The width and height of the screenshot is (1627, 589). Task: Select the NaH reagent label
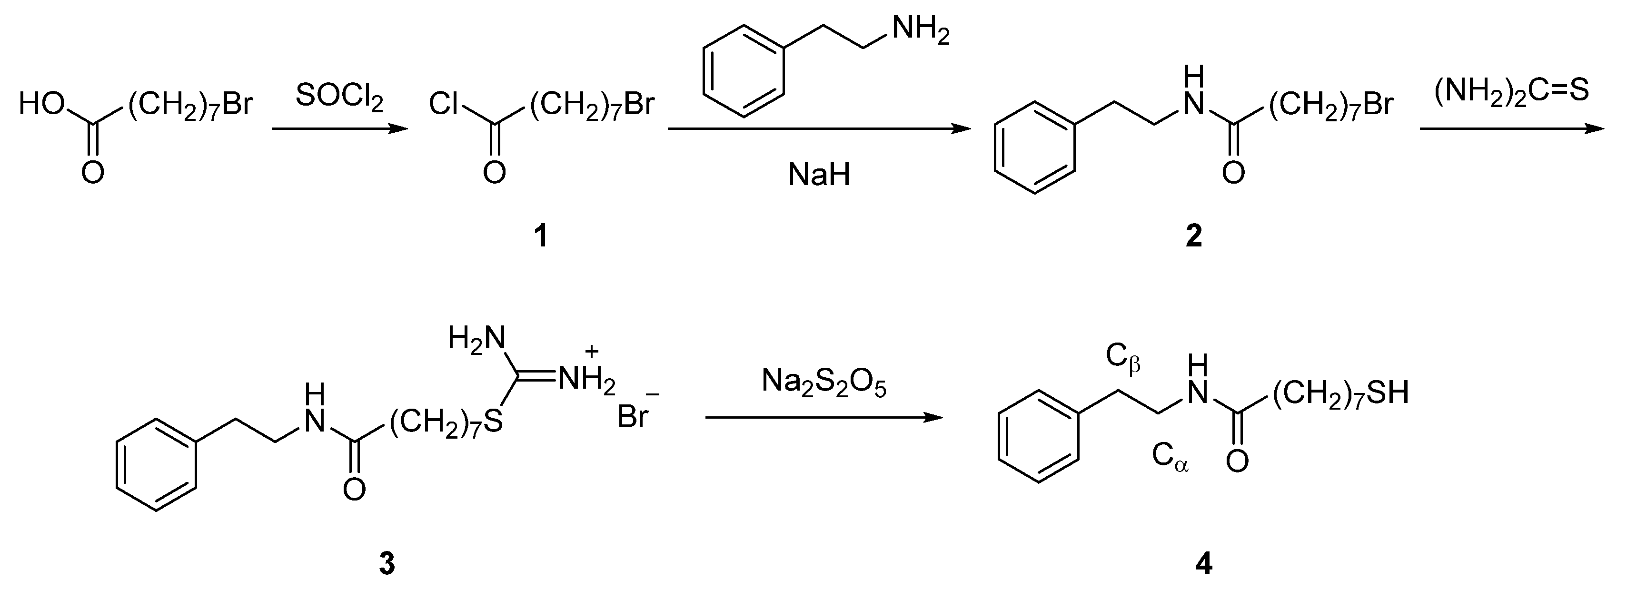pyautogui.click(x=819, y=174)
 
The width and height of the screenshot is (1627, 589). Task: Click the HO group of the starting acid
pyautogui.click(x=41, y=104)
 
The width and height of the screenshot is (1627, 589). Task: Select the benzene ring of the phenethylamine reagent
pyautogui.click(x=744, y=71)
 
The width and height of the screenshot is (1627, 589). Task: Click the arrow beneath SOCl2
pyautogui.click(x=339, y=129)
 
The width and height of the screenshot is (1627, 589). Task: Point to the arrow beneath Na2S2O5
pyautogui.click(x=823, y=417)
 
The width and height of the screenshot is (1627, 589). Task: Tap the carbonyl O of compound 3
pyautogui.click(x=354, y=489)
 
